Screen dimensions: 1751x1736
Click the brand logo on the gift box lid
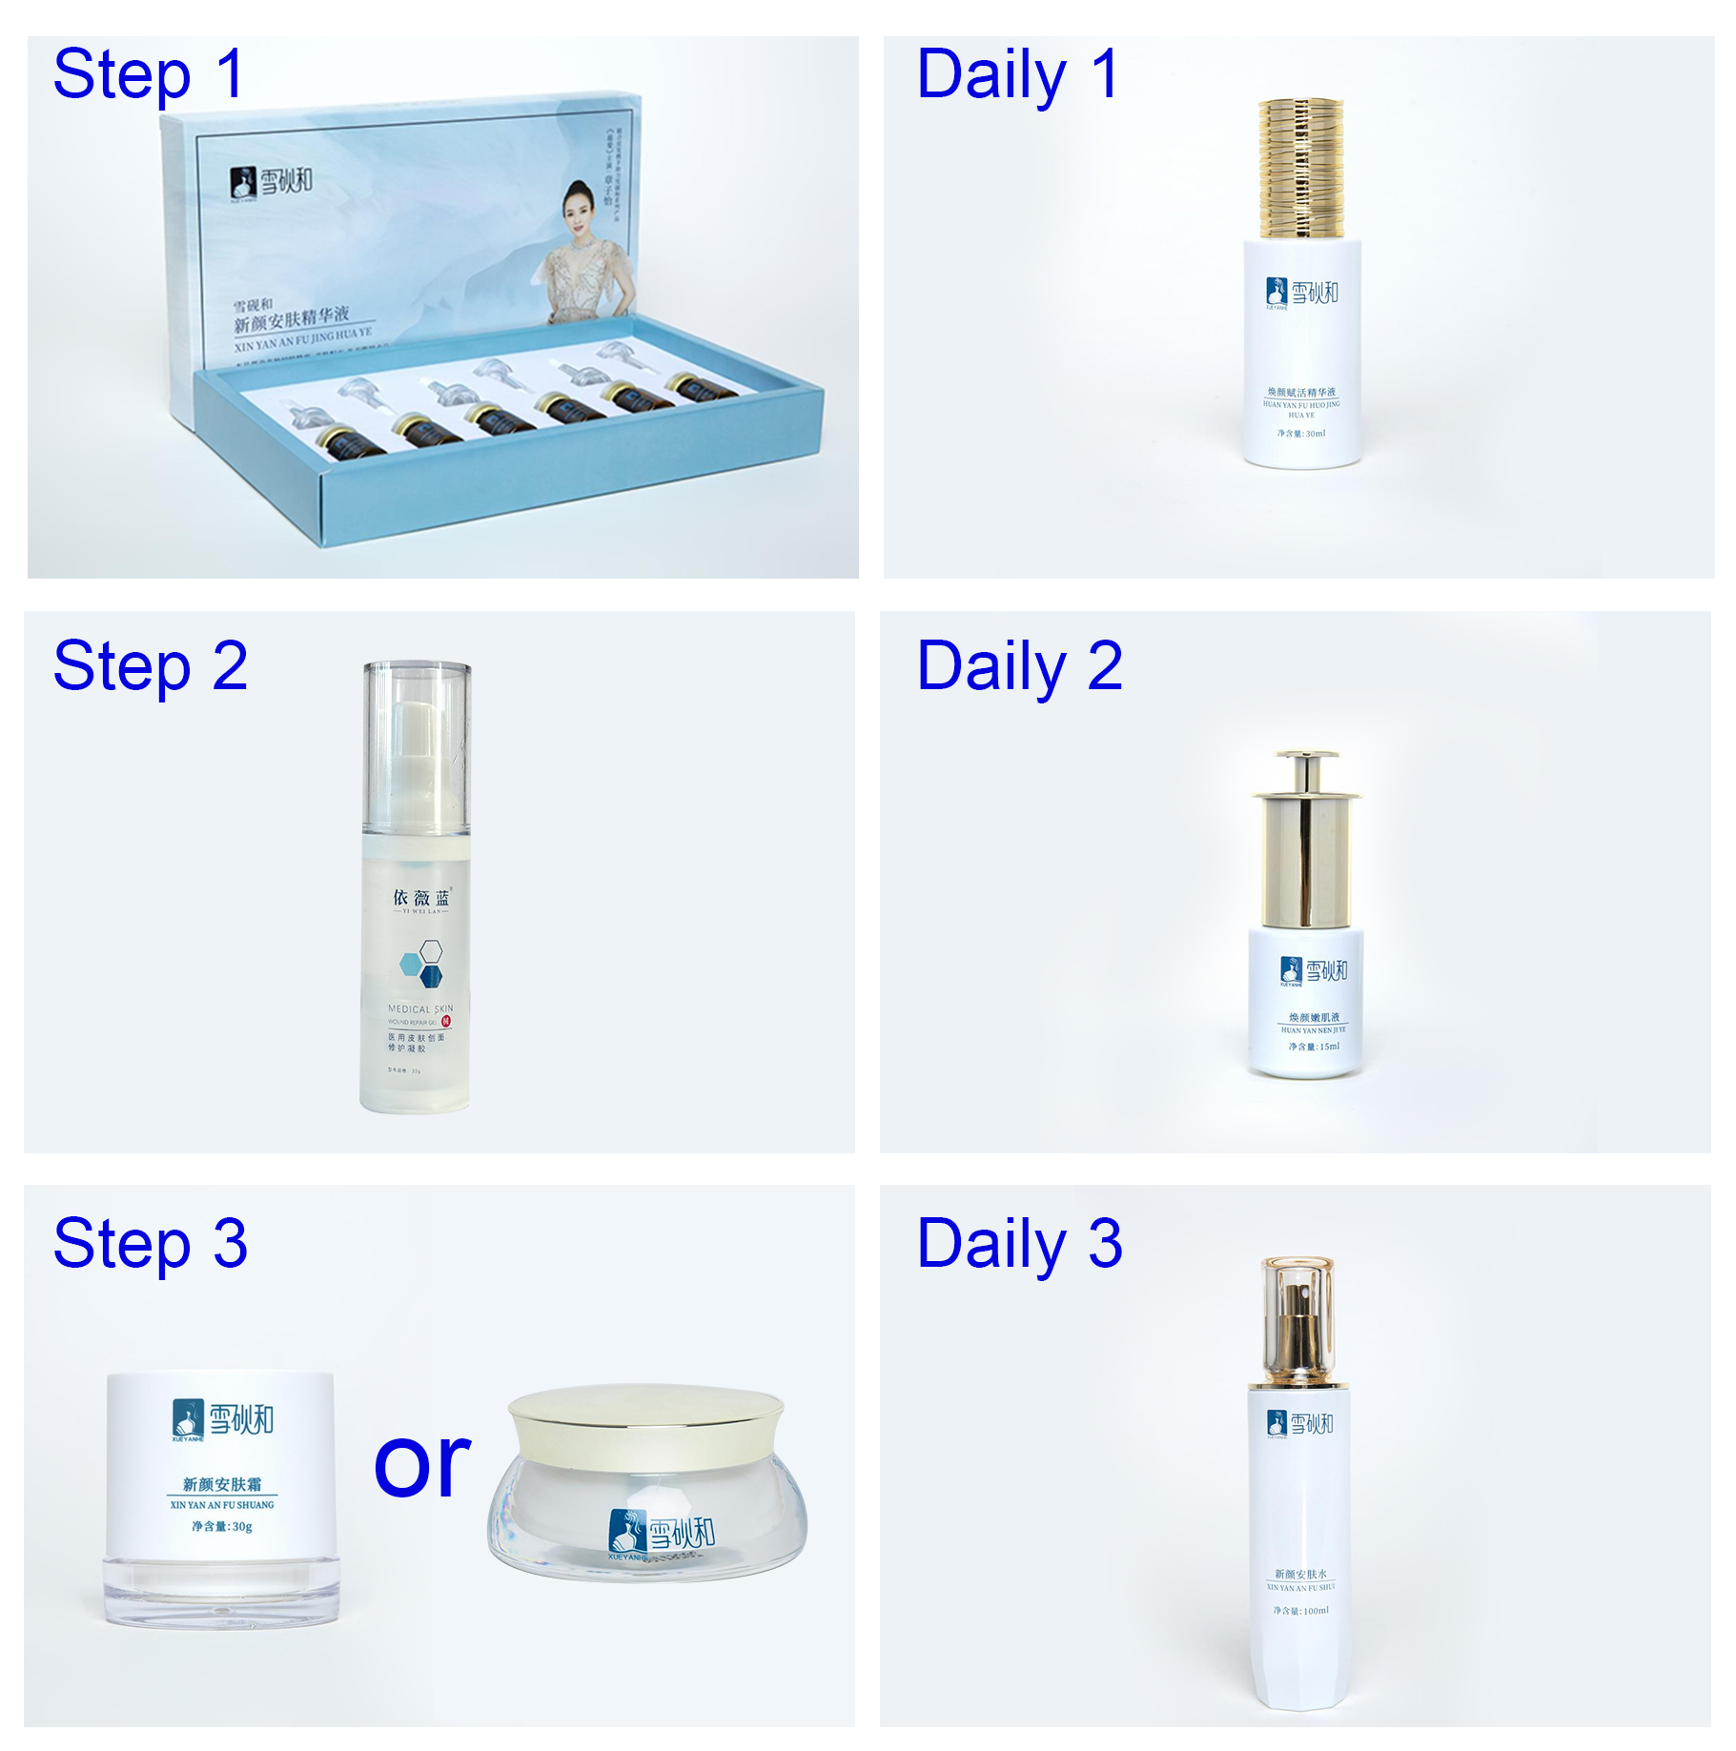[x=271, y=181]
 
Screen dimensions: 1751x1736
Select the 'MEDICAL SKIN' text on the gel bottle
[x=419, y=1008]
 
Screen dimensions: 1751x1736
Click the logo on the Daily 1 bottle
[x=1301, y=293]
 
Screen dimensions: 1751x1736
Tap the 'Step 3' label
[x=150, y=1243]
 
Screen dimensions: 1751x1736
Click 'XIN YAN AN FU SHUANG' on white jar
[x=221, y=1504]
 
